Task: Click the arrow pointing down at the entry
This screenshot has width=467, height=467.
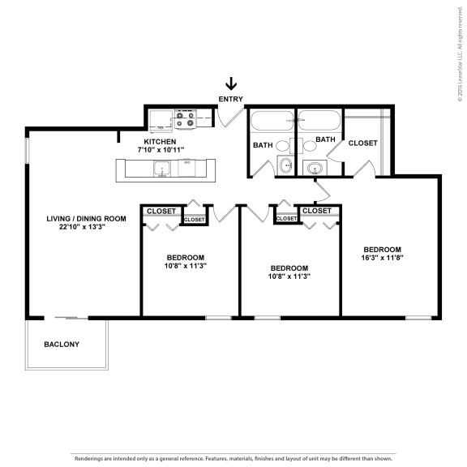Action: (231, 84)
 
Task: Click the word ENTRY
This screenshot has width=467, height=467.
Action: (231, 99)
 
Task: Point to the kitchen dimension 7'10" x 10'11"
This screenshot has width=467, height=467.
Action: (160, 150)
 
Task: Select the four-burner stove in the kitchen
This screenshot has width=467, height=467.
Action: (184, 120)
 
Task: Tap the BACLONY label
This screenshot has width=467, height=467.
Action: (62, 345)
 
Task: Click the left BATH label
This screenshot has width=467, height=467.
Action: (262, 146)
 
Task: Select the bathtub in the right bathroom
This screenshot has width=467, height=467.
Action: (319, 122)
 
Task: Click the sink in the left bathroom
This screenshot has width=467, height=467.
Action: (285, 165)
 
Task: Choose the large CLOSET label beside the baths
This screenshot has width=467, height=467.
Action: (362, 143)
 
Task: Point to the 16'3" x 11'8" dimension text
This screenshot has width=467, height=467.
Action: (383, 258)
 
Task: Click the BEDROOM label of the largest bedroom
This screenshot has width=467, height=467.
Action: (383, 249)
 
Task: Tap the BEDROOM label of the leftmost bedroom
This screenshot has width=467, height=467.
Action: (185, 257)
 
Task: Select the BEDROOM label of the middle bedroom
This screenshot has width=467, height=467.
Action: (289, 268)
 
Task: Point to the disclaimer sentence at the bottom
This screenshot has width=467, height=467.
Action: (233, 458)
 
